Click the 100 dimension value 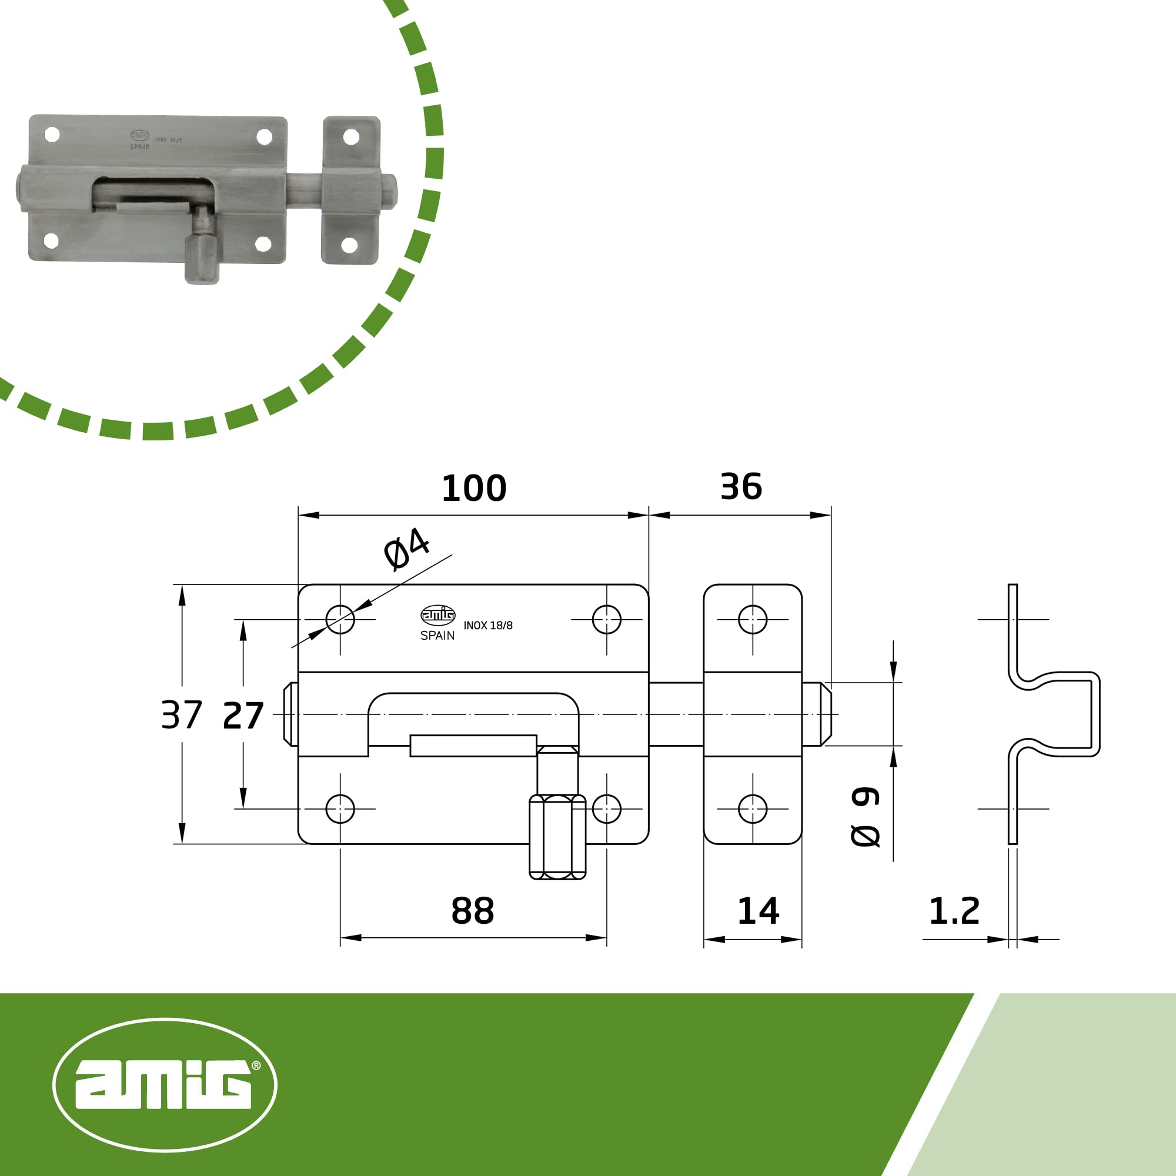[473, 488]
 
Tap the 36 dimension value [741, 486]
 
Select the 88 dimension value [472, 911]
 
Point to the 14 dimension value [758, 911]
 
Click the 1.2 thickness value [954, 911]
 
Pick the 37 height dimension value [181, 714]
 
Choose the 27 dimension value [243, 716]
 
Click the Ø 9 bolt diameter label [865, 816]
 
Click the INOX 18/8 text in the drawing [487, 626]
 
